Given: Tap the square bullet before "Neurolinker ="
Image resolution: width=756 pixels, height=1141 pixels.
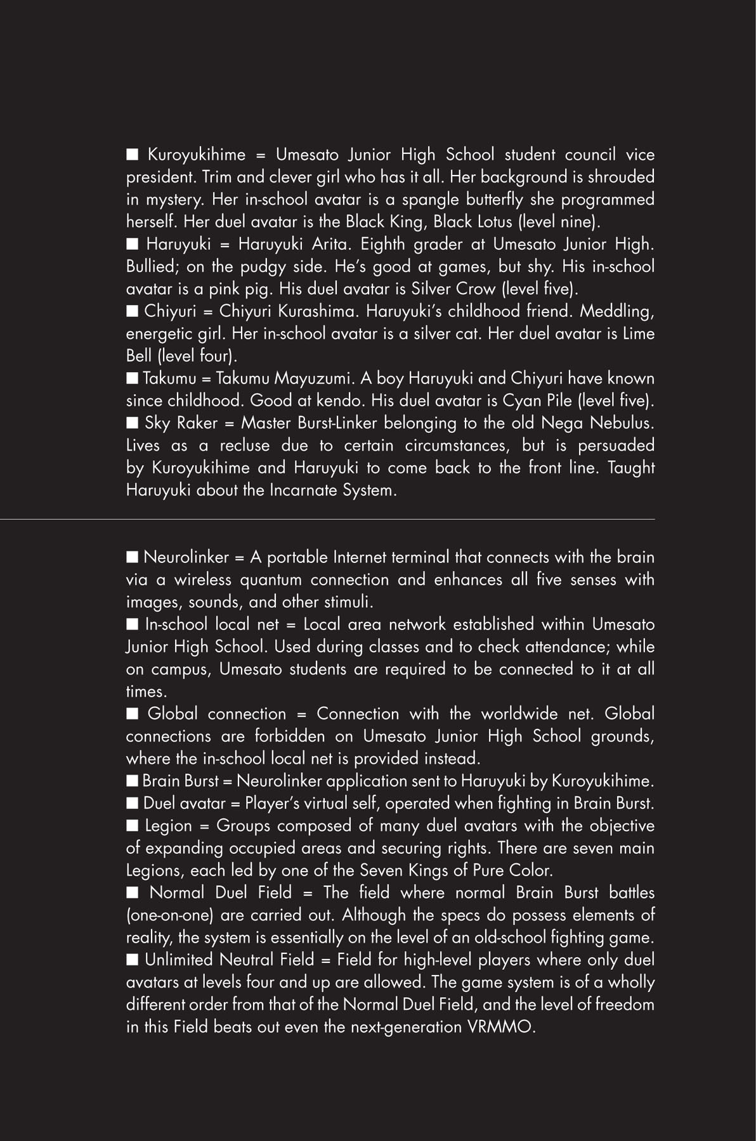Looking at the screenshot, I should tap(132, 557).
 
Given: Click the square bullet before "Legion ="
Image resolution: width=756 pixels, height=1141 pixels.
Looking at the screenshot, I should tap(132, 825).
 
